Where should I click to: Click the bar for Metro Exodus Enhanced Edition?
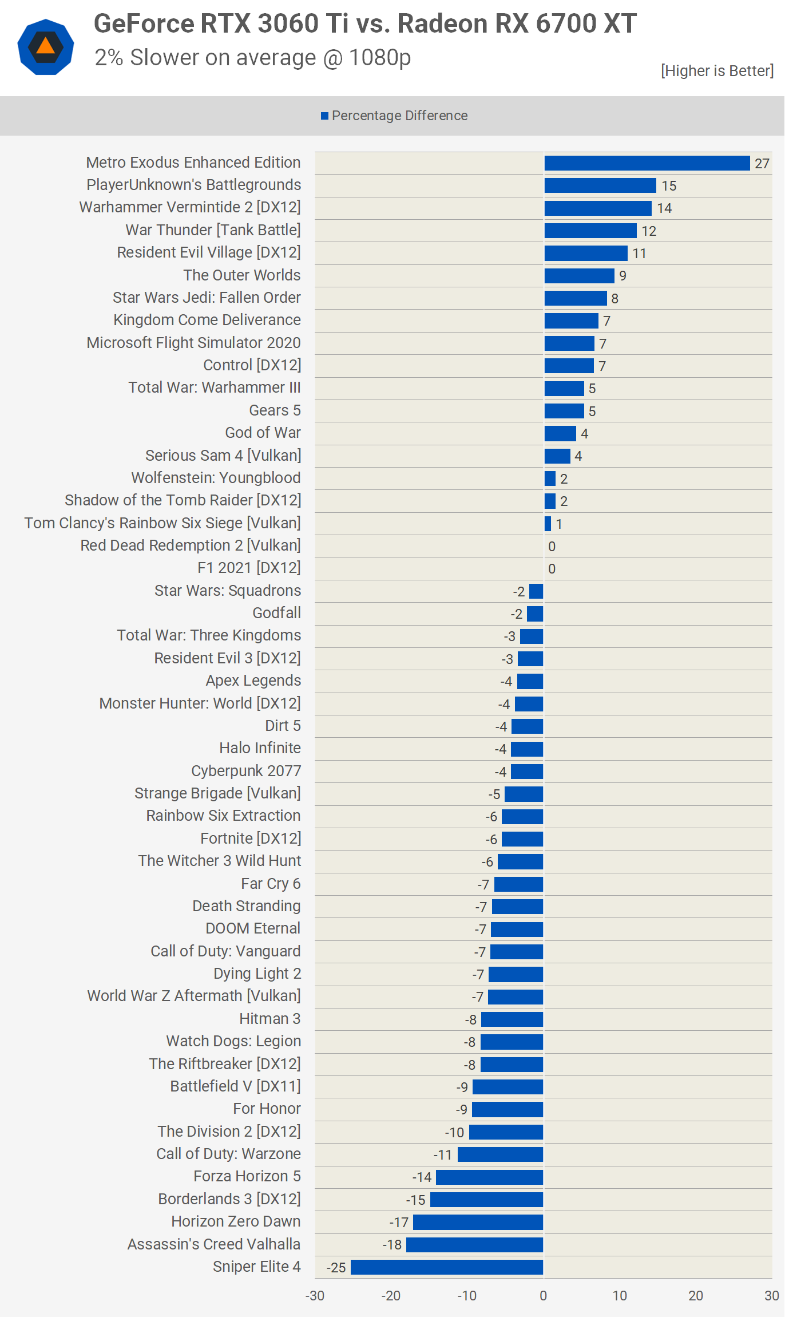647,163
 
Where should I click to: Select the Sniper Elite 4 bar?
447,1267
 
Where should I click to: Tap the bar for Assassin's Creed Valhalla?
474,1244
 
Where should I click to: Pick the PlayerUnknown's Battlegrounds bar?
600,185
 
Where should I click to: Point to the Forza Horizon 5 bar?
489,1177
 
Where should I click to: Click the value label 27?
762,164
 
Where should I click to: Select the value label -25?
336,1268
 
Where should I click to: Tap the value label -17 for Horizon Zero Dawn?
399,1223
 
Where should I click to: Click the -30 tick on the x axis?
315,1296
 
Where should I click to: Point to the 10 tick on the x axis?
620,1296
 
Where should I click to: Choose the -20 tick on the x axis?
391,1296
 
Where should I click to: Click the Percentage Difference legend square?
324,116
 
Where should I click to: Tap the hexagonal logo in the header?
46,47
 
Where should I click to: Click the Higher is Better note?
717,71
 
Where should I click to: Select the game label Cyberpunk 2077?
246,771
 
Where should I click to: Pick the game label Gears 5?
275,410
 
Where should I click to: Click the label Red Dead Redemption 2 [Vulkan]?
191,545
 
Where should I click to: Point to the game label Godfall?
276,613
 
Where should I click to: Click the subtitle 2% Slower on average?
253,58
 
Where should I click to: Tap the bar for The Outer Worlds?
579,276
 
